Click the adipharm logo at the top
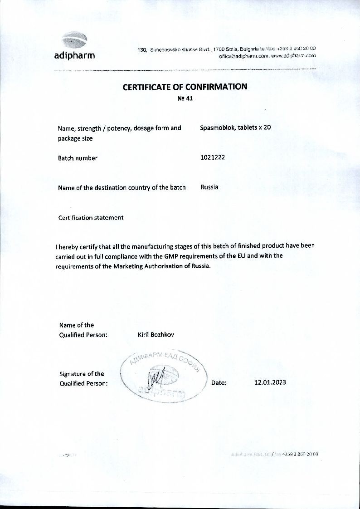[x=74, y=45]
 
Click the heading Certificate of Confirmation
[x=185, y=87]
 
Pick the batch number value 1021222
[x=213, y=157]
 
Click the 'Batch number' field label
[x=78, y=158]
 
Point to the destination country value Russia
[x=209, y=187]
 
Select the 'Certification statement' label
[x=91, y=217]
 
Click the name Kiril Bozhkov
[x=156, y=334]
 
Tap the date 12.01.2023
[x=270, y=382]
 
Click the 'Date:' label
[x=219, y=382]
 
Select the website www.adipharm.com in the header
[x=293, y=56]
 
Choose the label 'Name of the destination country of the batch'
[x=122, y=187]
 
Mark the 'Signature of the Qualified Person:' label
[x=83, y=378]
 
